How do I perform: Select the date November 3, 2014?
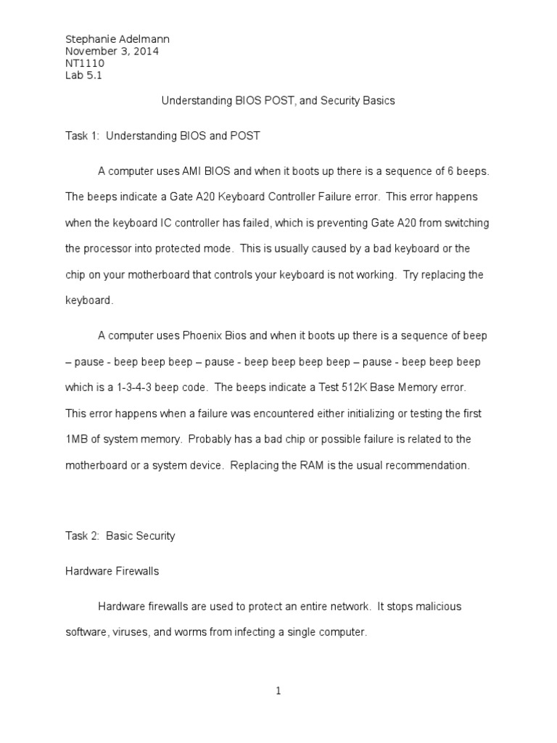pos(112,52)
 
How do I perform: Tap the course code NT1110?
pos(84,64)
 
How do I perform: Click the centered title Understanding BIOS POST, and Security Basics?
pos(278,101)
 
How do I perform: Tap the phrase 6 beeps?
pos(470,171)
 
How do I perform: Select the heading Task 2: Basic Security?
pos(120,536)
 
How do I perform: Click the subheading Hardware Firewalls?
pos(112,571)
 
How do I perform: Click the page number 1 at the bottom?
pos(278,691)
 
